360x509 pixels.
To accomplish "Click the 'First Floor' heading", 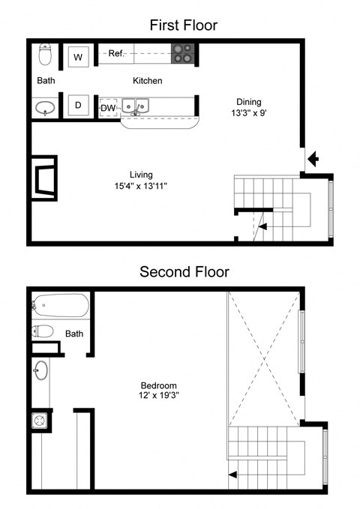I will tap(183, 25).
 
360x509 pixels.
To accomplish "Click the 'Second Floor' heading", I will tap(183, 271).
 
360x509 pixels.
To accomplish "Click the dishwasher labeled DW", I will tap(108, 107).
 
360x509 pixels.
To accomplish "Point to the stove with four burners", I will tap(182, 53).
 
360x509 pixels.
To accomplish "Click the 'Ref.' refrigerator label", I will tap(116, 53).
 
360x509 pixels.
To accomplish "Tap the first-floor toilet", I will tap(45, 54).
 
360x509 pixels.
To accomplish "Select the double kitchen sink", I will tap(136, 108).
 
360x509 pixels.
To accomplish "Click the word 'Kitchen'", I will tap(148, 80).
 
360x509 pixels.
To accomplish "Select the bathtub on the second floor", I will tap(60, 306).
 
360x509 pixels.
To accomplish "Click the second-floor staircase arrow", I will tap(234, 474).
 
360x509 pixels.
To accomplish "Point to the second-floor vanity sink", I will tap(41, 370).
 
